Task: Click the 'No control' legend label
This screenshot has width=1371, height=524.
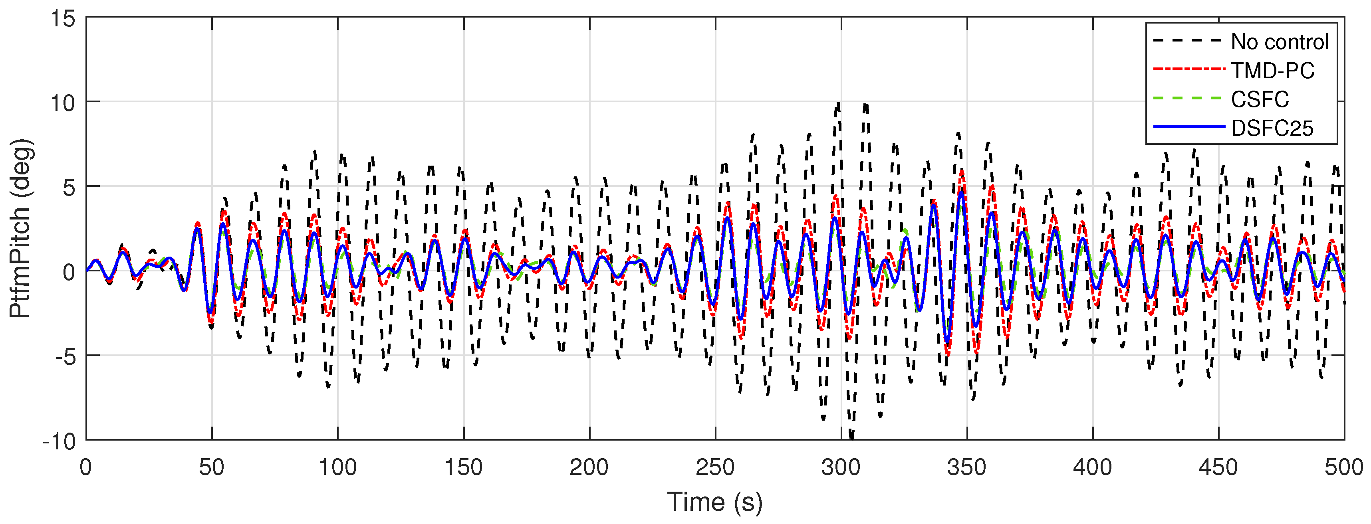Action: pyautogui.click(x=1280, y=42)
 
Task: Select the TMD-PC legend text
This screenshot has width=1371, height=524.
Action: pyautogui.click(x=1272, y=70)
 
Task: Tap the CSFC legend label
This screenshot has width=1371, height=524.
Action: pyautogui.click(x=1260, y=99)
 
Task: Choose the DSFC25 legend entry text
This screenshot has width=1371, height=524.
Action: pyautogui.click(x=1272, y=128)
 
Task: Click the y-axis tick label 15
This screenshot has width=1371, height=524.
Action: pyautogui.click(x=63, y=19)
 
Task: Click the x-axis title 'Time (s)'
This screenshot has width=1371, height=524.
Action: pyautogui.click(x=715, y=502)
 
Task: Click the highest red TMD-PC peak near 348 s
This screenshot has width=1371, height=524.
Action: pyautogui.click(x=962, y=172)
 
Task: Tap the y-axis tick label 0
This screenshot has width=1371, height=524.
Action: pyautogui.click(x=69, y=272)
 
